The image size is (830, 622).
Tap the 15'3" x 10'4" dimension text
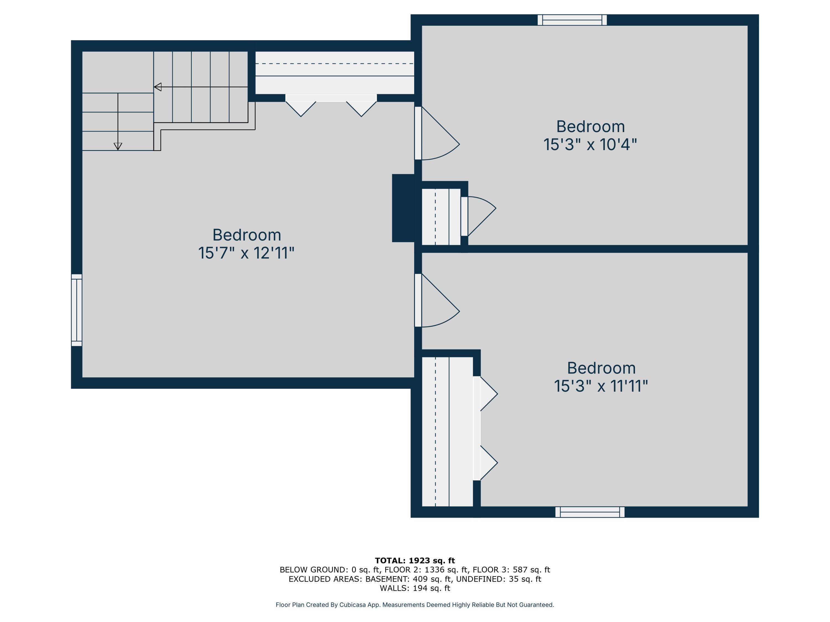590,144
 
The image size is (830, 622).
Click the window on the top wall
572,20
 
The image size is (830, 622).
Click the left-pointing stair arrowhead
158,87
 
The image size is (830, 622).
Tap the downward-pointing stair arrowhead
118,147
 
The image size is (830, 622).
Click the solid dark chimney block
403,208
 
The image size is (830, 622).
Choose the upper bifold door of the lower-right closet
488,394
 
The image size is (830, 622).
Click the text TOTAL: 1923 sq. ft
415,561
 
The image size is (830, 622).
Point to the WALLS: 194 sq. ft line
415,588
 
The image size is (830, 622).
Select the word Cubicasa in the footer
352,605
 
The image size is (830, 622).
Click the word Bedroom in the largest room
247,235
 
